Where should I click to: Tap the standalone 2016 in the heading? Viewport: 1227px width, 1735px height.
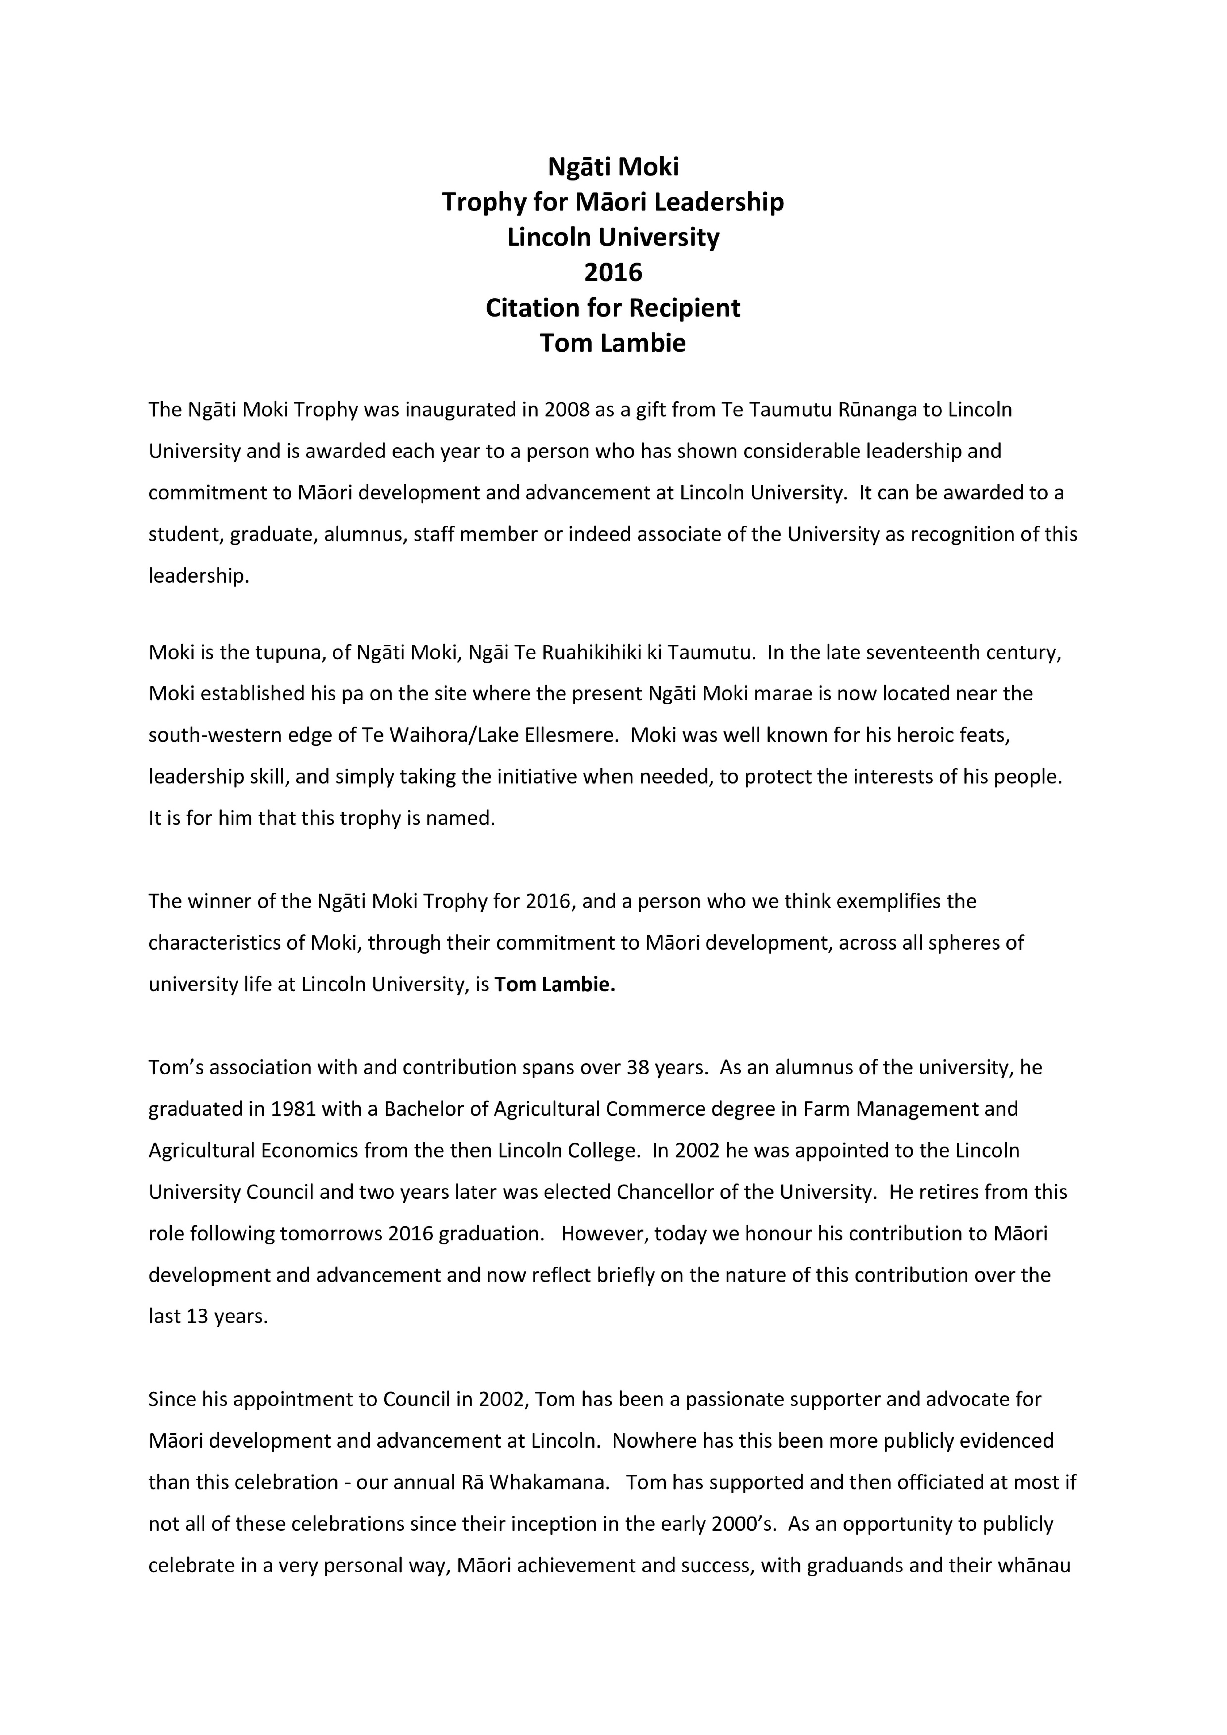(x=613, y=272)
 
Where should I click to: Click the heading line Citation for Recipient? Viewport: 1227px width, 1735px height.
(x=613, y=307)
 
